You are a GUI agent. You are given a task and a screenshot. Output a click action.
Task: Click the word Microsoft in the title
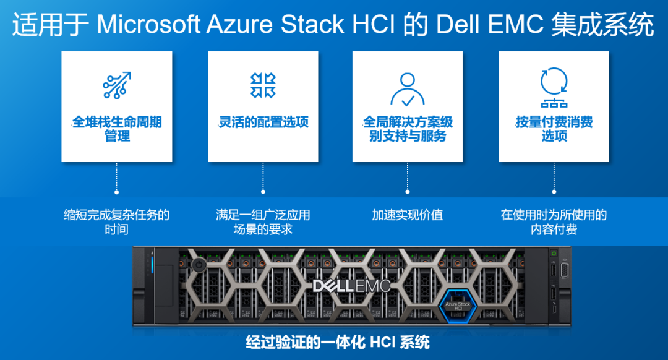[x=148, y=24]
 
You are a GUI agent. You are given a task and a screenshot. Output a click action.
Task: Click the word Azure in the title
[x=238, y=24]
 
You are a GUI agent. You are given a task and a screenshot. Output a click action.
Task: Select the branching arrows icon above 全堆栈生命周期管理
[x=117, y=85]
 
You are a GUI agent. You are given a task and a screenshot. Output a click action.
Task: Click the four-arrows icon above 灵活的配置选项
[x=263, y=85]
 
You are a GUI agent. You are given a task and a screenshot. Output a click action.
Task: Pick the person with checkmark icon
[x=408, y=89]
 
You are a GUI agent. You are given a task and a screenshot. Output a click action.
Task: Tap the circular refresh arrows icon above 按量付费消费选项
[x=554, y=81]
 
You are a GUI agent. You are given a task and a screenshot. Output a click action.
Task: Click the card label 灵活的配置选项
[x=263, y=122]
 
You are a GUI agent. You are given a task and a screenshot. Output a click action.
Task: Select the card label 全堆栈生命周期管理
[x=117, y=129]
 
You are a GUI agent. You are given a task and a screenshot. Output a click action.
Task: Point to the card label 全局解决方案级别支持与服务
[x=408, y=129]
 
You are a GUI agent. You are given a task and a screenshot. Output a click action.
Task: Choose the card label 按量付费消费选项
[x=554, y=129]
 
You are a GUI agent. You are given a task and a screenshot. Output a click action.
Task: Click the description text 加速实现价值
[x=408, y=215]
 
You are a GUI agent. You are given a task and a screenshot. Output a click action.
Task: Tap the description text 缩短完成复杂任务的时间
[x=116, y=222]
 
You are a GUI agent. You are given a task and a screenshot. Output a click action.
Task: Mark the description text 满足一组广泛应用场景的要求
[x=263, y=222]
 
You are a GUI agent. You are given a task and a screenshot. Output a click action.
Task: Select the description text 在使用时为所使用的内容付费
[x=554, y=222]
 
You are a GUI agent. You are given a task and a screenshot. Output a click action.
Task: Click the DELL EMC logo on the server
[x=351, y=286]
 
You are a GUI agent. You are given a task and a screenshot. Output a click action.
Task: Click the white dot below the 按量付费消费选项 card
[x=554, y=192]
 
